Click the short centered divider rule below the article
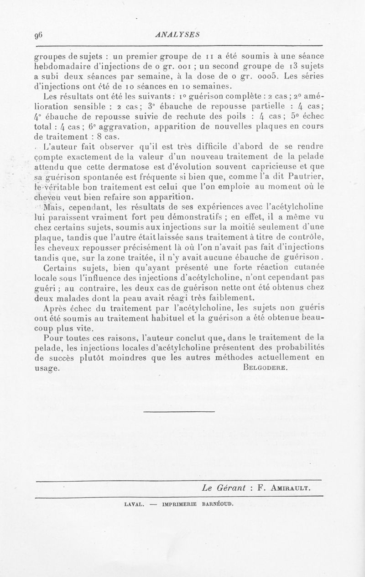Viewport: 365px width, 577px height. point(179,412)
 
